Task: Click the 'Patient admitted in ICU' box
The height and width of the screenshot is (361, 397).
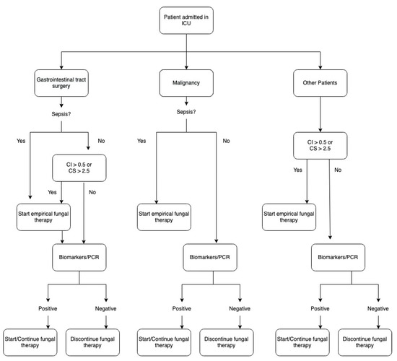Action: pyautogui.click(x=188, y=21)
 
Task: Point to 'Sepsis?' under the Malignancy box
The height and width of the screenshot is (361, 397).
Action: pyautogui.click(x=187, y=112)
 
